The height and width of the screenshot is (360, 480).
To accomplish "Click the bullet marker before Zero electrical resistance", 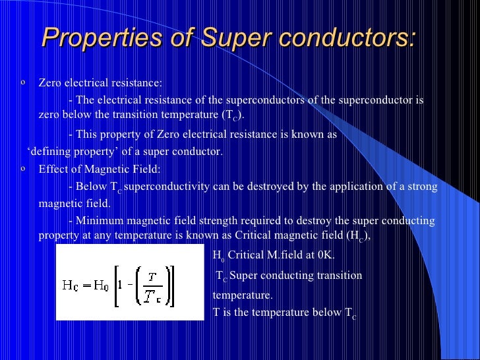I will coord(23,82).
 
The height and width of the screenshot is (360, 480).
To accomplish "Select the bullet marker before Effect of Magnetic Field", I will coord(23,169).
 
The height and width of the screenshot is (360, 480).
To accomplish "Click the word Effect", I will coord(53,169).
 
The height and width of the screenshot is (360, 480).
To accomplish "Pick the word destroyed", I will coord(275,187).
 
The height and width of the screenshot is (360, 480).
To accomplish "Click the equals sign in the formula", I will coord(84,285).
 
